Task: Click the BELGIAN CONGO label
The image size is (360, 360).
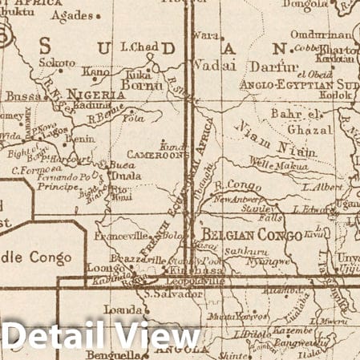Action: pos(252,235)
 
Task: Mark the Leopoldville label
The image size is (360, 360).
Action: pos(178,283)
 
